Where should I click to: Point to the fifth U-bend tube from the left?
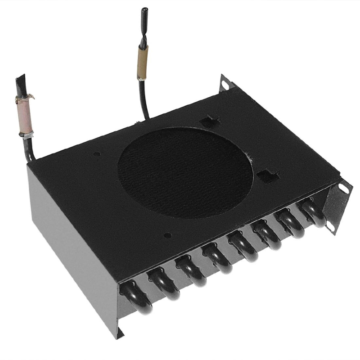tap(243, 247)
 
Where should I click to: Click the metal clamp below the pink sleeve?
tap(26, 134)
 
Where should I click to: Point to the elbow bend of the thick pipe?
tap(31, 155)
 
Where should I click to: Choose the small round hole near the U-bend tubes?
tap(167, 235)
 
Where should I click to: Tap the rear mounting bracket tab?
tap(224, 82)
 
